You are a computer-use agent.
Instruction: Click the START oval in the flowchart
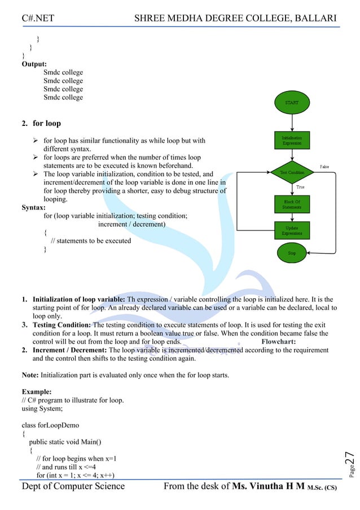pyautogui.click(x=292, y=103)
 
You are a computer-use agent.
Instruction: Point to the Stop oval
pyautogui.click(x=292, y=254)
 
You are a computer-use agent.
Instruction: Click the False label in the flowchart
pyautogui.click(x=324, y=167)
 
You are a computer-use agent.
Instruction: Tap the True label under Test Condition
pyautogui.click(x=300, y=186)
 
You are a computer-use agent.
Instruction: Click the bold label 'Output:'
pyautogui.click(x=34, y=64)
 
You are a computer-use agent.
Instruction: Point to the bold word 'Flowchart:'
pyautogui.click(x=282, y=342)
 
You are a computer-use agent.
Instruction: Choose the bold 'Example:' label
pyautogui.click(x=37, y=391)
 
